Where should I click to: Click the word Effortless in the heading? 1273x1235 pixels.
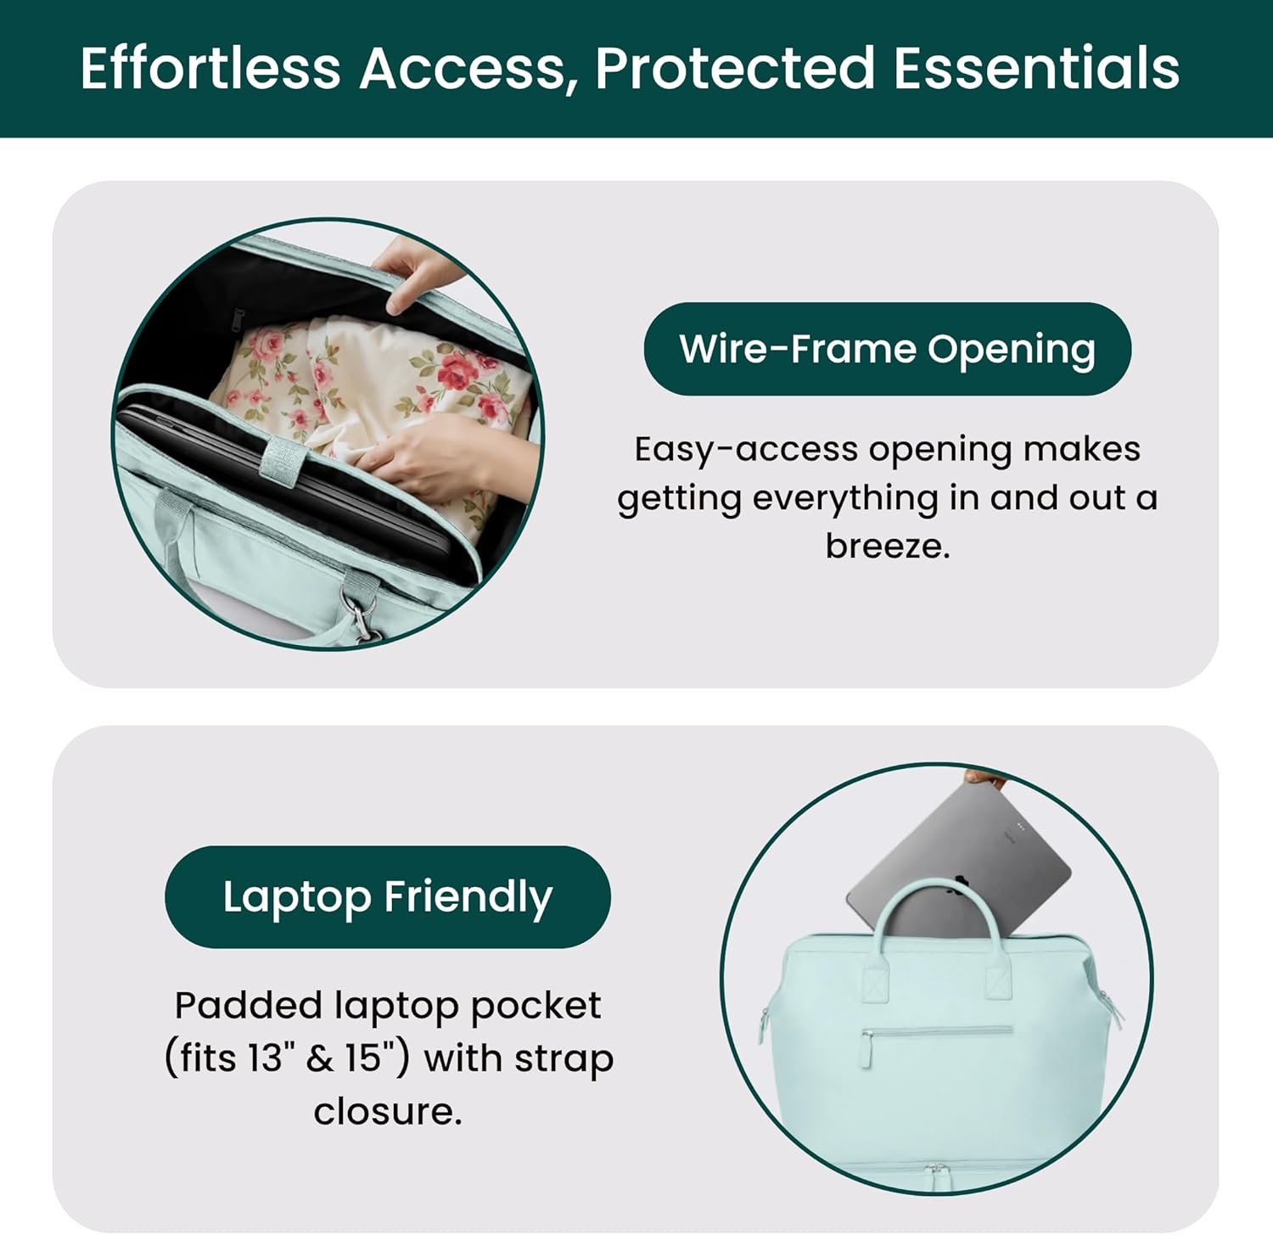pos(210,68)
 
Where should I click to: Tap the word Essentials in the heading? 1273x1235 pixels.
pos(1036,68)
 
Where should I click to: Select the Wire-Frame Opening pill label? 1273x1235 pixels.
pos(888,349)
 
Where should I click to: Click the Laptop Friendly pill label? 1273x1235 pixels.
pos(388,897)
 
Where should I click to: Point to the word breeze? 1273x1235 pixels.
pos(888,546)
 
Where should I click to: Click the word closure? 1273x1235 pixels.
pos(388,1111)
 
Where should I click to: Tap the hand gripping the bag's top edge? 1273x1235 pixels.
pos(422,273)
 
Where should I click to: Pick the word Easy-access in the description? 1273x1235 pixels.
pos(746,449)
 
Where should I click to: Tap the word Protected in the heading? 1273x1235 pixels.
pos(735,68)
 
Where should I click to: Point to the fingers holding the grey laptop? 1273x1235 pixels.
pos(984,776)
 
